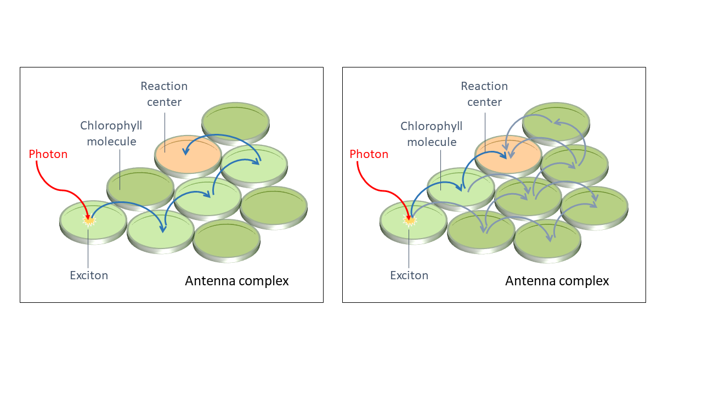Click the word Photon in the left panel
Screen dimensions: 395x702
(48, 154)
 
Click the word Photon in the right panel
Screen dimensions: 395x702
(369, 154)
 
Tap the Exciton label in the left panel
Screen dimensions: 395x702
(89, 275)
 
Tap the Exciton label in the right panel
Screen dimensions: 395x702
(409, 275)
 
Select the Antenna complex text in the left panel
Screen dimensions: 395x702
(236, 281)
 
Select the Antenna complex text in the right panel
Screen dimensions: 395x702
(557, 281)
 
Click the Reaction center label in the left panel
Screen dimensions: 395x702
(164, 94)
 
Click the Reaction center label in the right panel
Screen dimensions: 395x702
(484, 94)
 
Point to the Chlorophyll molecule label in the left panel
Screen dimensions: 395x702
(111, 133)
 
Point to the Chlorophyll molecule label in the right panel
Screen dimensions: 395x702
(432, 133)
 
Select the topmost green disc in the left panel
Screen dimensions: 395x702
(235, 120)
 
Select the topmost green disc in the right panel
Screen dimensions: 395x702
(556, 120)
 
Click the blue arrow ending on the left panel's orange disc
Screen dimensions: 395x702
(219, 137)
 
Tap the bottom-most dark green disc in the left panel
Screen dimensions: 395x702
(226, 240)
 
